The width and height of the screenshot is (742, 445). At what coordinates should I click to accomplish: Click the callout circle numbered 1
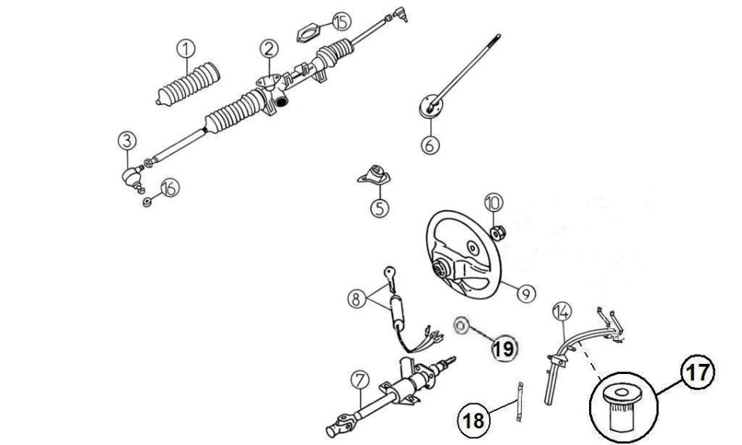tap(186, 49)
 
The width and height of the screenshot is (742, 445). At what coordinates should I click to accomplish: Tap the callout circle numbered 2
tap(269, 49)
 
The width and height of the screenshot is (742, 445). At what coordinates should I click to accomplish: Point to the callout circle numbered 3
tap(128, 141)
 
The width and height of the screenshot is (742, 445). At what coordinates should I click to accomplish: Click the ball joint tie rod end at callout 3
tap(133, 178)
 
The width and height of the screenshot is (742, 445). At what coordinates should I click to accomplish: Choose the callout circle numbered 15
tap(341, 22)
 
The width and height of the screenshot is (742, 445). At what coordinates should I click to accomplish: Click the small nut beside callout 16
tap(147, 202)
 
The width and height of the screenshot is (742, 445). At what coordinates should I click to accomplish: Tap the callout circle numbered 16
tap(170, 188)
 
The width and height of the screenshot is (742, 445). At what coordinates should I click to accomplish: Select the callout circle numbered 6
tap(430, 144)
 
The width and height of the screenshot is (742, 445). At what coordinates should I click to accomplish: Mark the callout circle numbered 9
tap(526, 294)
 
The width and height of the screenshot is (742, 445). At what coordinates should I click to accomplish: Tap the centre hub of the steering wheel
tap(439, 270)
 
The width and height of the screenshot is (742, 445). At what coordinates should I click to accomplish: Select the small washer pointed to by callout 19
tap(460, 325)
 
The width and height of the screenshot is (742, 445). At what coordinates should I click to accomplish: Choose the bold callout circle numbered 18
tap(473, 420)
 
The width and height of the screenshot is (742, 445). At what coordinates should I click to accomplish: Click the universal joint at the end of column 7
tap(338, 426)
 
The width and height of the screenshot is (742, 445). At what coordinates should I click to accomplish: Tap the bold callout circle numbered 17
tap(698, 372)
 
